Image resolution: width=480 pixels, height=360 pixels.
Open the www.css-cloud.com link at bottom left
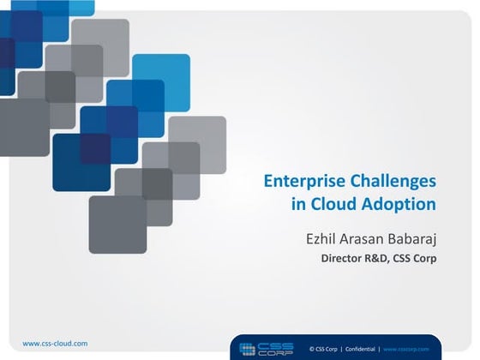[x=55, y=343]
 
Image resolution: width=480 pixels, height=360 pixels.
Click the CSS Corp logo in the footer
[x=267, y=348]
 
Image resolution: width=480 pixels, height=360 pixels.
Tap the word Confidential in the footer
[x=366, y=349]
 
